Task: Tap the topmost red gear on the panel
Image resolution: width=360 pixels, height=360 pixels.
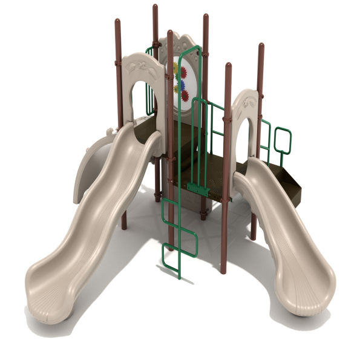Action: click(183, 73)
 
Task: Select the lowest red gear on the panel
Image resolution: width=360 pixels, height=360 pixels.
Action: click(185, 96)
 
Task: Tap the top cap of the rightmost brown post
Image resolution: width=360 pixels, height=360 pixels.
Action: click(261, 46)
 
